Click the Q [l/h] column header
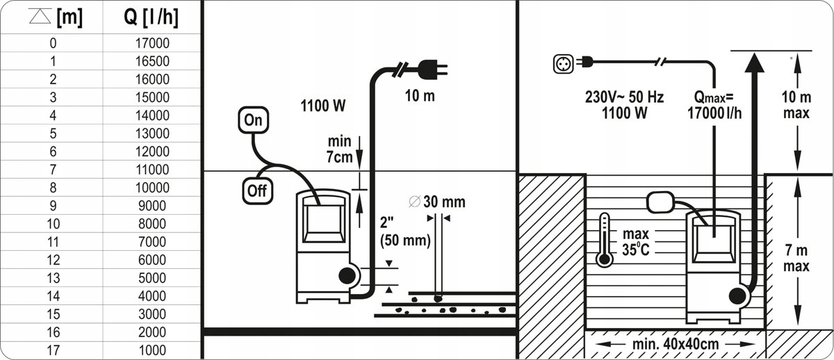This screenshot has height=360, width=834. (x=152, y=18)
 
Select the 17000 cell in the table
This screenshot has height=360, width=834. (x=152, y=43)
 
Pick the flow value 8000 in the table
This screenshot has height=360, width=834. (x=152, y=224)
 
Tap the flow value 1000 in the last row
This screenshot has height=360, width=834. (x=152, y=350)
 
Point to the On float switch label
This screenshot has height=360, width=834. (x=254, y=120)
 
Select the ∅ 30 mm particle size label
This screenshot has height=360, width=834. (x=437, y=202)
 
